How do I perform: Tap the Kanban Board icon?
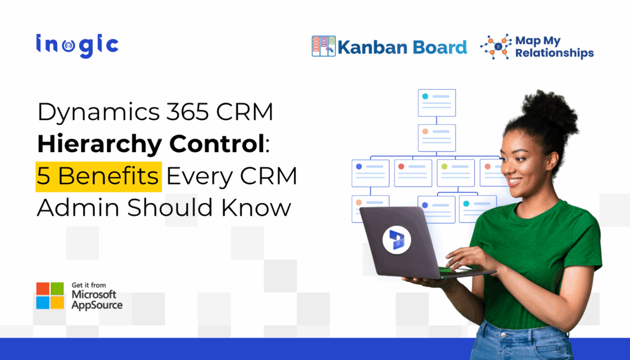click(324, 46)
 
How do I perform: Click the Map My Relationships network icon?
click(495, 47)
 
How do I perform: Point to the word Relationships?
click(554, 53)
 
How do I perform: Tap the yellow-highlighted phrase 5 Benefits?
click(99, 176)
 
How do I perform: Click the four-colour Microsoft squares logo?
click(50, 295)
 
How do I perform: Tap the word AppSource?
click(97, 305)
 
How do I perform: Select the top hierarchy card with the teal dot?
click(437, 102)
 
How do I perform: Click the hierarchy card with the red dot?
click(413, 173)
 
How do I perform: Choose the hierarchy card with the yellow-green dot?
click(456, 173)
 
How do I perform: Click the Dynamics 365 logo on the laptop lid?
click(397, 239)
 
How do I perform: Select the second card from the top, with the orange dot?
click(437, 137)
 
